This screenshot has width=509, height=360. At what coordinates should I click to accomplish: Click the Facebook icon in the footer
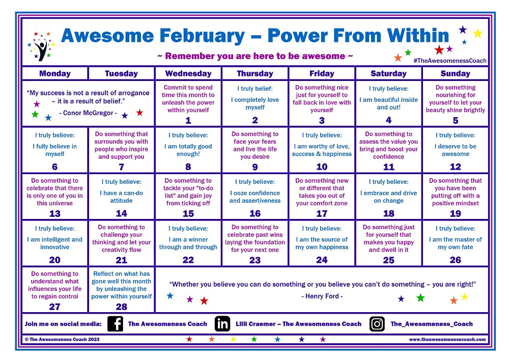(x=115, y=324)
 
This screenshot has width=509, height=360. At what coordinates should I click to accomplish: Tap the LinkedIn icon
(x=222, y=324)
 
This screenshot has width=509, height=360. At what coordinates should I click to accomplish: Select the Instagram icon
(x=377, y=324)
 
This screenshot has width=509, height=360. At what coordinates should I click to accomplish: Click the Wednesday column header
(x=188, y=73)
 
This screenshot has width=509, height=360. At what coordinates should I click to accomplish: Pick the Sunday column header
(x=455, y=73)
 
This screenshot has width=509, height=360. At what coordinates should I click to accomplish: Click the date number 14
(x=121, y=214)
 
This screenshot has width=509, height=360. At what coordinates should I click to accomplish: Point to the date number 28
(x=121, y=307)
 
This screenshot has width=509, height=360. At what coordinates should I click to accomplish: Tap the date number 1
(x=188, y=121)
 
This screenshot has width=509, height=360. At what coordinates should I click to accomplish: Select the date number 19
(x=455, y=214)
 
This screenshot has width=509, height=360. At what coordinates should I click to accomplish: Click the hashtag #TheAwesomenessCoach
(x=450, y=61)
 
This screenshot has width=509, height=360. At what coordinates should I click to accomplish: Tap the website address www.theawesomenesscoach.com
(x=447, y=339)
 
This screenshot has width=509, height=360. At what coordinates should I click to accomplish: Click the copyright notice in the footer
(x=62, y=339)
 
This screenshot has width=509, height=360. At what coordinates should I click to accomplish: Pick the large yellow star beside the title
(x=477, y=34)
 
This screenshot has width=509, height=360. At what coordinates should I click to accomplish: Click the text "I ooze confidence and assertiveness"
(x=254, y=197)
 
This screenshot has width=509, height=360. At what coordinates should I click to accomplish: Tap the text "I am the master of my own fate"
(x=455, y=243)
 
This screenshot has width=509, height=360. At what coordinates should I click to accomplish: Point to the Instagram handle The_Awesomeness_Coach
(x=432, y=324)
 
